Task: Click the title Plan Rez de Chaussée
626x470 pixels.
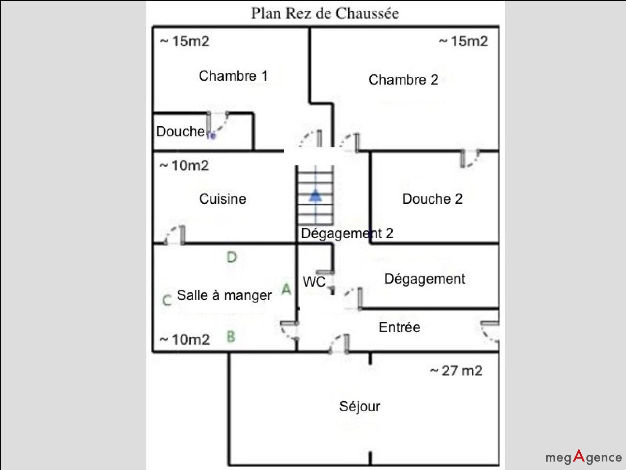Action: (325, 14)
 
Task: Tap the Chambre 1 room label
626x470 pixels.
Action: (233, 76)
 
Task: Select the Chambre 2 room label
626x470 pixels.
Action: (403, 80)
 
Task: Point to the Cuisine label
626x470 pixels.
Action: (223, 199)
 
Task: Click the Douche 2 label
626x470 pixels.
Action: (432, 199)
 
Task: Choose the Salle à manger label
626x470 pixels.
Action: (224, 295)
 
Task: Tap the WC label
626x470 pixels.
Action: (314, 282)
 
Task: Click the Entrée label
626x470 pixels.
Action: (399, 327)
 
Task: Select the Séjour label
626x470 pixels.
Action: (360, 406)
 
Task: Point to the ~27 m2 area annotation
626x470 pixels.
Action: (456, 371)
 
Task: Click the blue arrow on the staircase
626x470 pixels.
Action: (315, 196)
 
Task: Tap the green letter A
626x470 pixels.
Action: (286, 289)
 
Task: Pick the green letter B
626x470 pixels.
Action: (231, 337)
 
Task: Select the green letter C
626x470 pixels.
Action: (167, 300)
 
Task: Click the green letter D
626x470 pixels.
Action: (232, 258)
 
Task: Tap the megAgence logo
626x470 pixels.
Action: (584, 457)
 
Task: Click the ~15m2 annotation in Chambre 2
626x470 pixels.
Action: (463, 41)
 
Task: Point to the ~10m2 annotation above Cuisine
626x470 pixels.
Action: (184, 166)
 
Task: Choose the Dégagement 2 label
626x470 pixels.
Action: (347, 233)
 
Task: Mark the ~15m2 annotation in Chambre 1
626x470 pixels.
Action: (185, 41)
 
